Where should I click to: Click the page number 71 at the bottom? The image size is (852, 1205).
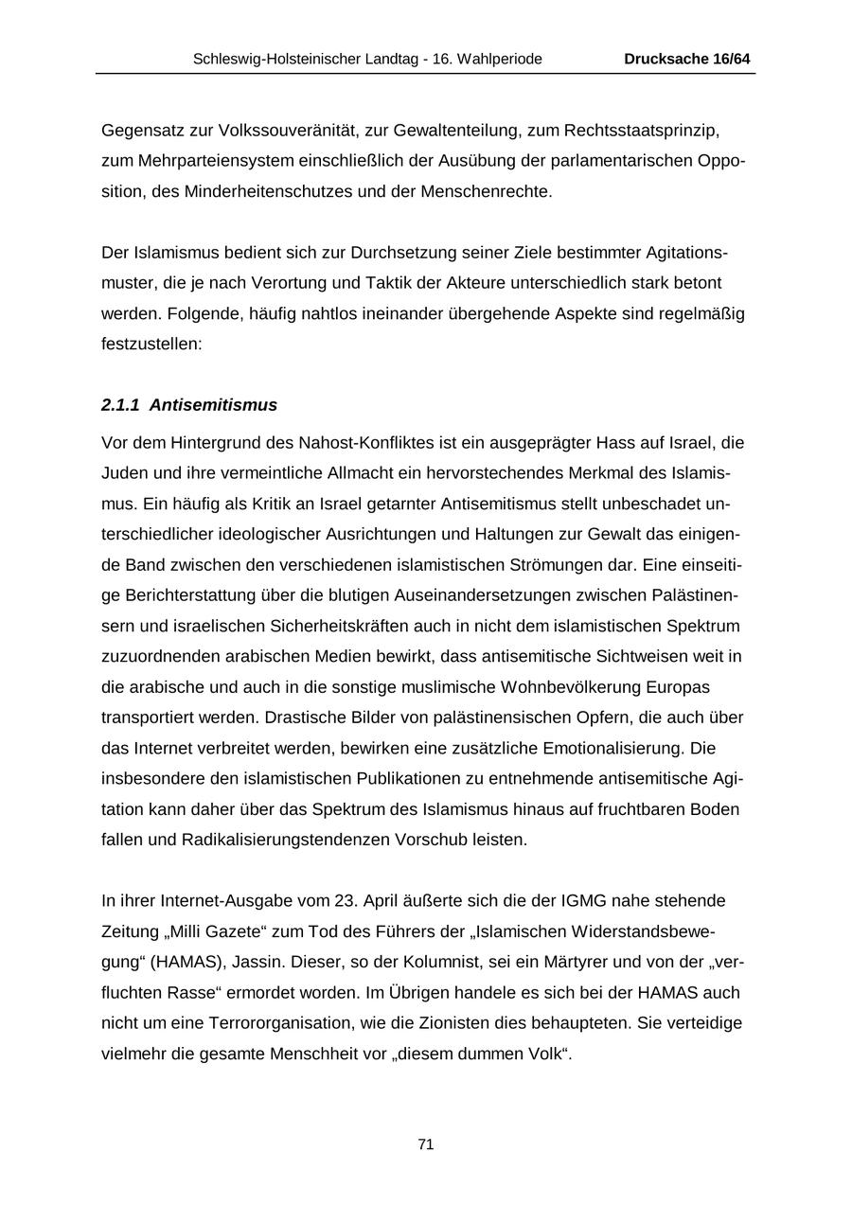425,1144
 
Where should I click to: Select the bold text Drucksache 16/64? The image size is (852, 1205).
686,59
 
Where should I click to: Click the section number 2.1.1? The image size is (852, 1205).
120,405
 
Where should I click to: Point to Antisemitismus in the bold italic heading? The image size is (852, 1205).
213,405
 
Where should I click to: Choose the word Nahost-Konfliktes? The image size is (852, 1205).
364,443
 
